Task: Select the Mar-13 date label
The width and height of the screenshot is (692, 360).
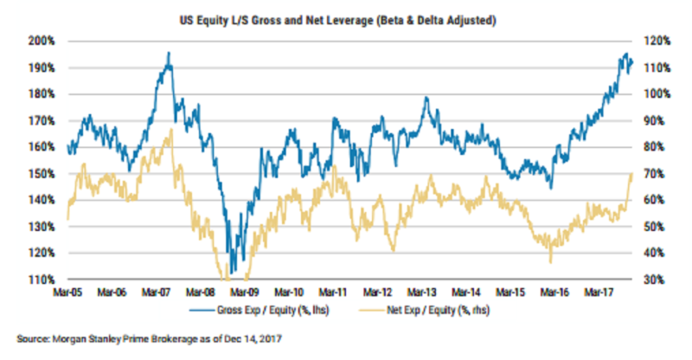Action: pyautogui.click(x=424, y=293)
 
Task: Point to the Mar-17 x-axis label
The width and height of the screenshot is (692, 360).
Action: pyautogui.click(x=602, y=293)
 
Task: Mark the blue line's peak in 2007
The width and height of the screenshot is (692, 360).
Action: pyautogui.click(x=169, y=53)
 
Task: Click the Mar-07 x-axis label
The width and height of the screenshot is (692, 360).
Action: pyautogui.click(x=156, y=293)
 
